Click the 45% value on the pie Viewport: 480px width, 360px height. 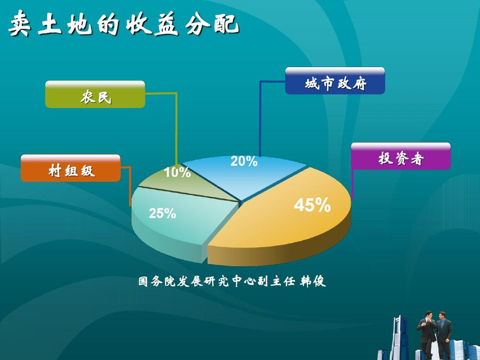312,205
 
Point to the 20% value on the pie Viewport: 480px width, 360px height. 244,161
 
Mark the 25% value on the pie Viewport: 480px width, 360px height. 163,213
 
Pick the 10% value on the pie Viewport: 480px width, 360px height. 177,172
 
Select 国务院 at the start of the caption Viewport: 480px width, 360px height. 156,281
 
